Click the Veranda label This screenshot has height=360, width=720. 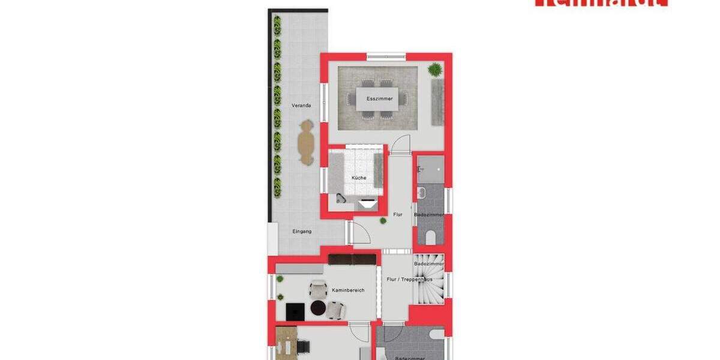[301, 106]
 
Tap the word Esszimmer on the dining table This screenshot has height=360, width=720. [380, 98]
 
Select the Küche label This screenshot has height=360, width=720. [359, 178]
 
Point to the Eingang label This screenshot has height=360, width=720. [302, 231]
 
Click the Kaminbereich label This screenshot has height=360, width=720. [348, 290]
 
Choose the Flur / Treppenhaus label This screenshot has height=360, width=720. [410, 280]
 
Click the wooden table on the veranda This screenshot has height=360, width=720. [307, 142]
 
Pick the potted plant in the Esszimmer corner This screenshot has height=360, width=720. [434, 70]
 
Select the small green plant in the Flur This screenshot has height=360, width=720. [383, 221]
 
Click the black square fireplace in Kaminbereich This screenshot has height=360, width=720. [295, 311]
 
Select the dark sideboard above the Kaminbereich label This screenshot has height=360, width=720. [352, 259]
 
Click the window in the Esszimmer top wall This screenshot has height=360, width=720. [386, 56]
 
